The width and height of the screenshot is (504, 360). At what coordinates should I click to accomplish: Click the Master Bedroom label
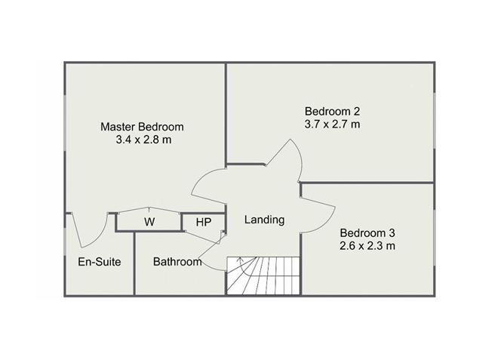[142, 127]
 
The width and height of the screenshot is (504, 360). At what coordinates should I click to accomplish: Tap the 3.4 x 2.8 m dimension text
[143, 140]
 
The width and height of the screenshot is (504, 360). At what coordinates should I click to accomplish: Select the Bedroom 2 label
[333, 111]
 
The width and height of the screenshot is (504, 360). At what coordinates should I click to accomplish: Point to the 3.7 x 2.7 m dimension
[333, 124]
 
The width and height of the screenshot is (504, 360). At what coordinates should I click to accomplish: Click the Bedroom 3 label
[367, 232]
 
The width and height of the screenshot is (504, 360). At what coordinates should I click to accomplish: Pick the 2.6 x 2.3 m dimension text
[367, 246]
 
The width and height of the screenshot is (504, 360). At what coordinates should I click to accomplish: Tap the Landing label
[265, 220]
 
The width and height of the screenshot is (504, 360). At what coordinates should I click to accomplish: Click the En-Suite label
[100, 262]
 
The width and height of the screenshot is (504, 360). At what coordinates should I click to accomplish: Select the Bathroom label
[177, 262]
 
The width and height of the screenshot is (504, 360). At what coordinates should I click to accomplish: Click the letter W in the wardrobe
[149, 222]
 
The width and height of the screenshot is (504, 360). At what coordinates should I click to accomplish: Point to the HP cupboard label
[204, 222]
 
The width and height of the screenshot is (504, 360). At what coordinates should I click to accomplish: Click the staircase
[263, 275]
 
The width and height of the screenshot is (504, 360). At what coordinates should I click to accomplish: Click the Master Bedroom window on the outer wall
[65, 122]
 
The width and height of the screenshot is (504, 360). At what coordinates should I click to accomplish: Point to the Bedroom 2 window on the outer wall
[435, 121]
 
